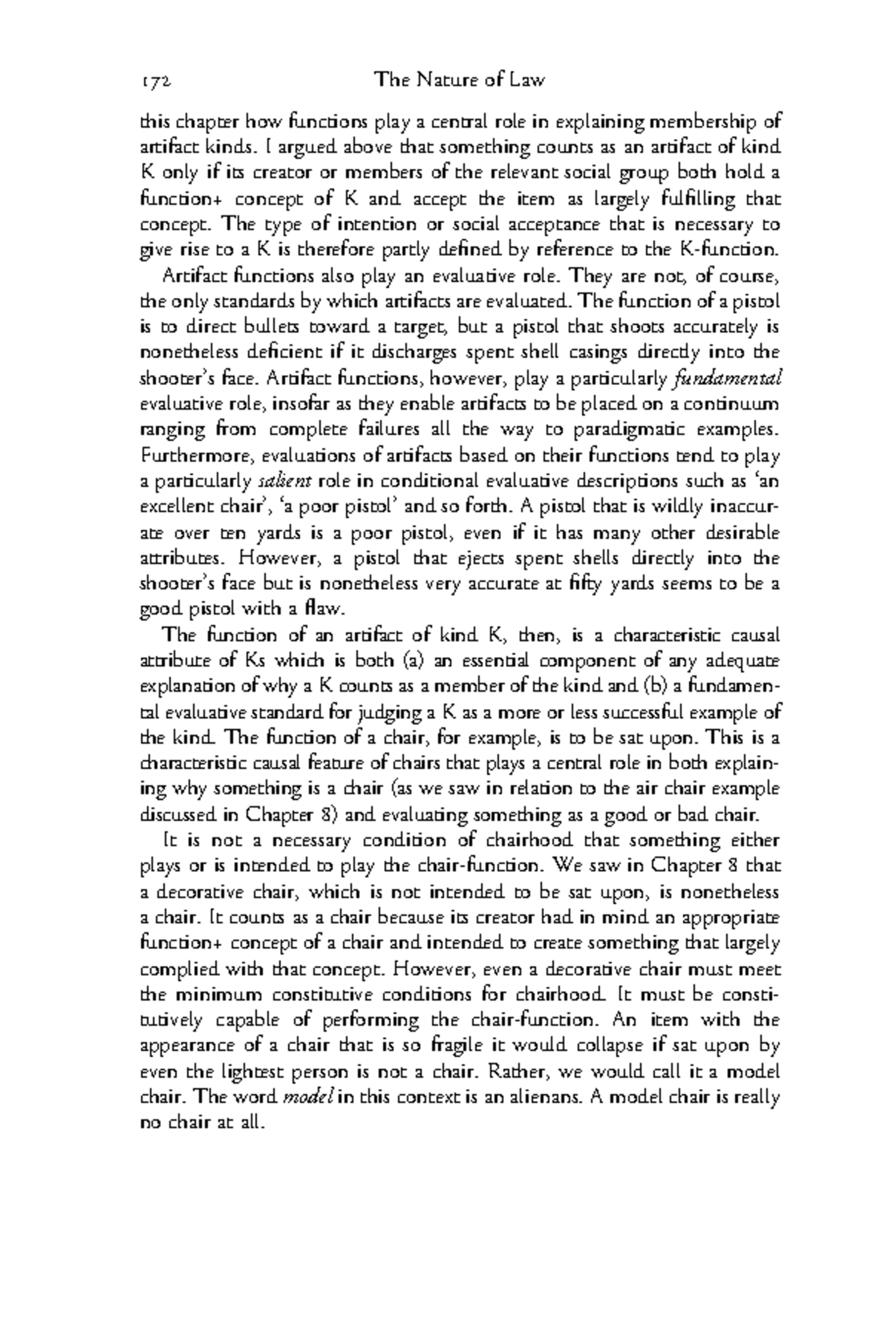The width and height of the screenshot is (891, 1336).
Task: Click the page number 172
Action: tap(156, 80)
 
